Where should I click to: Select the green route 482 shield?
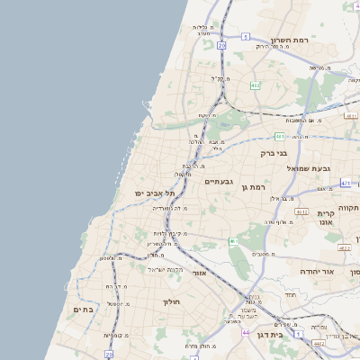256,85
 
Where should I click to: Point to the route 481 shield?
280,137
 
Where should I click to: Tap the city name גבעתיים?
219,182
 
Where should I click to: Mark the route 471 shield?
346,183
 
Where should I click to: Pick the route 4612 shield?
301,212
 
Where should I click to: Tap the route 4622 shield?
344,247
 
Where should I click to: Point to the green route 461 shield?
232,241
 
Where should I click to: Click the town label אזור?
200,272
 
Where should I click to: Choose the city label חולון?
172,301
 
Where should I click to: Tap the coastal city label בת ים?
82,310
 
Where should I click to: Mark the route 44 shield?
246,332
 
